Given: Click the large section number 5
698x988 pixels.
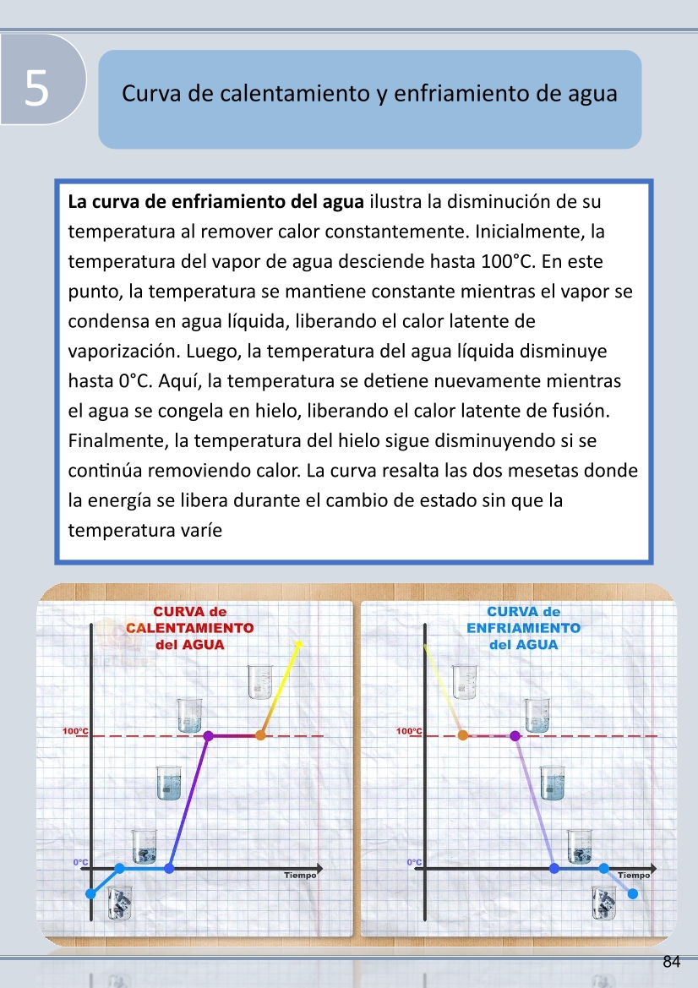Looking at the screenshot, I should click(35, 87).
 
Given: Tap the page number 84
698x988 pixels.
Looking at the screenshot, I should click(672, 962).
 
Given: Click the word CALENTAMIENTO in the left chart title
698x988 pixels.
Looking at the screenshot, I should click(190, 628).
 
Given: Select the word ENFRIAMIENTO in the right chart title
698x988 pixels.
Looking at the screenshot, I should click(523, 628).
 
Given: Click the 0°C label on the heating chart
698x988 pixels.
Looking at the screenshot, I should click(81, 862).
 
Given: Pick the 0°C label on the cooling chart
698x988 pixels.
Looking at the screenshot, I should click(414, 862).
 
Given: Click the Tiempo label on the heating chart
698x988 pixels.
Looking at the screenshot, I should click(300, 876).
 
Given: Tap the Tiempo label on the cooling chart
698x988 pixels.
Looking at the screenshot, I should click(634, 876).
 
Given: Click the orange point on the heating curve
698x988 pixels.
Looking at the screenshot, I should click(260, 735).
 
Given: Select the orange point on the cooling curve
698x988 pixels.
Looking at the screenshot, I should click(462, 735).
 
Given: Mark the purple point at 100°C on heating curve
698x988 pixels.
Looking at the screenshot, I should click(209, 735).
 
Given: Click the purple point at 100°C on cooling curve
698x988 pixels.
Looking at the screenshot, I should click(515, 735).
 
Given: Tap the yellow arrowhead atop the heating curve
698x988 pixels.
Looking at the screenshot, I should click(297, 645).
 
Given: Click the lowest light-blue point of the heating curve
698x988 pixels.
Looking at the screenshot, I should click(91, 893).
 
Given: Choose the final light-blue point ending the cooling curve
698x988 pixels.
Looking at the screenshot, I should click(633, 893).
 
